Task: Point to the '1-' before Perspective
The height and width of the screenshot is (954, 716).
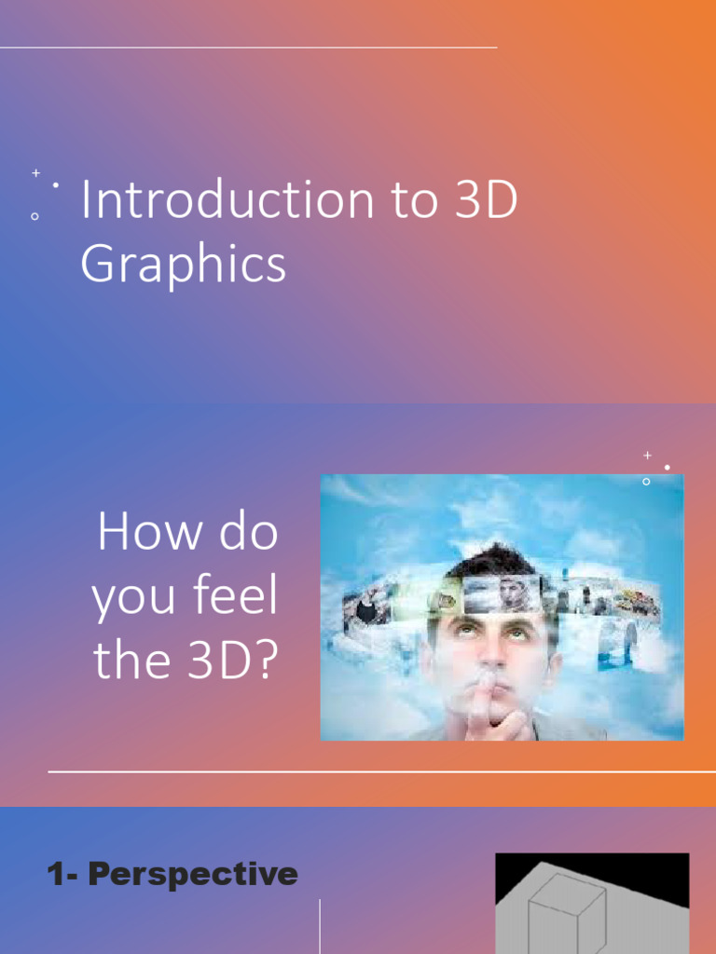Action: pyautogui.click(x=65, y=875)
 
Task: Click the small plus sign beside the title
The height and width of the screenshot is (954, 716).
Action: pyautogui.click(x=35, y=173)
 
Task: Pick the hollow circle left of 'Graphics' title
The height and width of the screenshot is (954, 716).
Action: pyautogui.click(x=34, y=216)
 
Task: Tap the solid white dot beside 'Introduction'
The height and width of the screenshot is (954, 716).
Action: pyautogui.click(x=56, y=185)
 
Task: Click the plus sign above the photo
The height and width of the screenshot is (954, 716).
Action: pyautogui.click(x=647, y=455)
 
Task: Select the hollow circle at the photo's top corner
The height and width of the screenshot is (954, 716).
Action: pyautogui.click(x=646, y=482)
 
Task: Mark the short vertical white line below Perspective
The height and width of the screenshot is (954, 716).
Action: pyautogui.click(x=320, y=926)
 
